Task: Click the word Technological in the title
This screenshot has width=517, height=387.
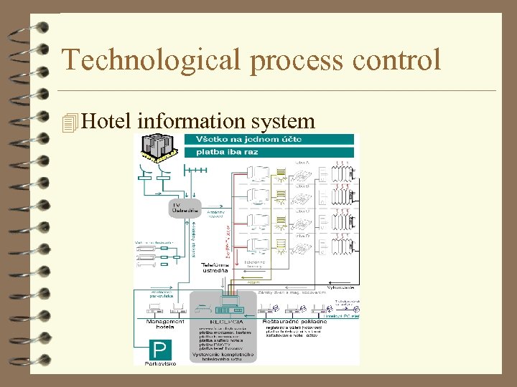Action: (x=152, y=59)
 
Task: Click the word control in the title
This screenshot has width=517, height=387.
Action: (x=396, y=59)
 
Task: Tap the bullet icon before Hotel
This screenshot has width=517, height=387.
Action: (x=70, y=123)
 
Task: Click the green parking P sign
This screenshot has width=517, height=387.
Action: (x=160, y=350)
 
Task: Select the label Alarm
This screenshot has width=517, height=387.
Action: (x=253, y=283)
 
